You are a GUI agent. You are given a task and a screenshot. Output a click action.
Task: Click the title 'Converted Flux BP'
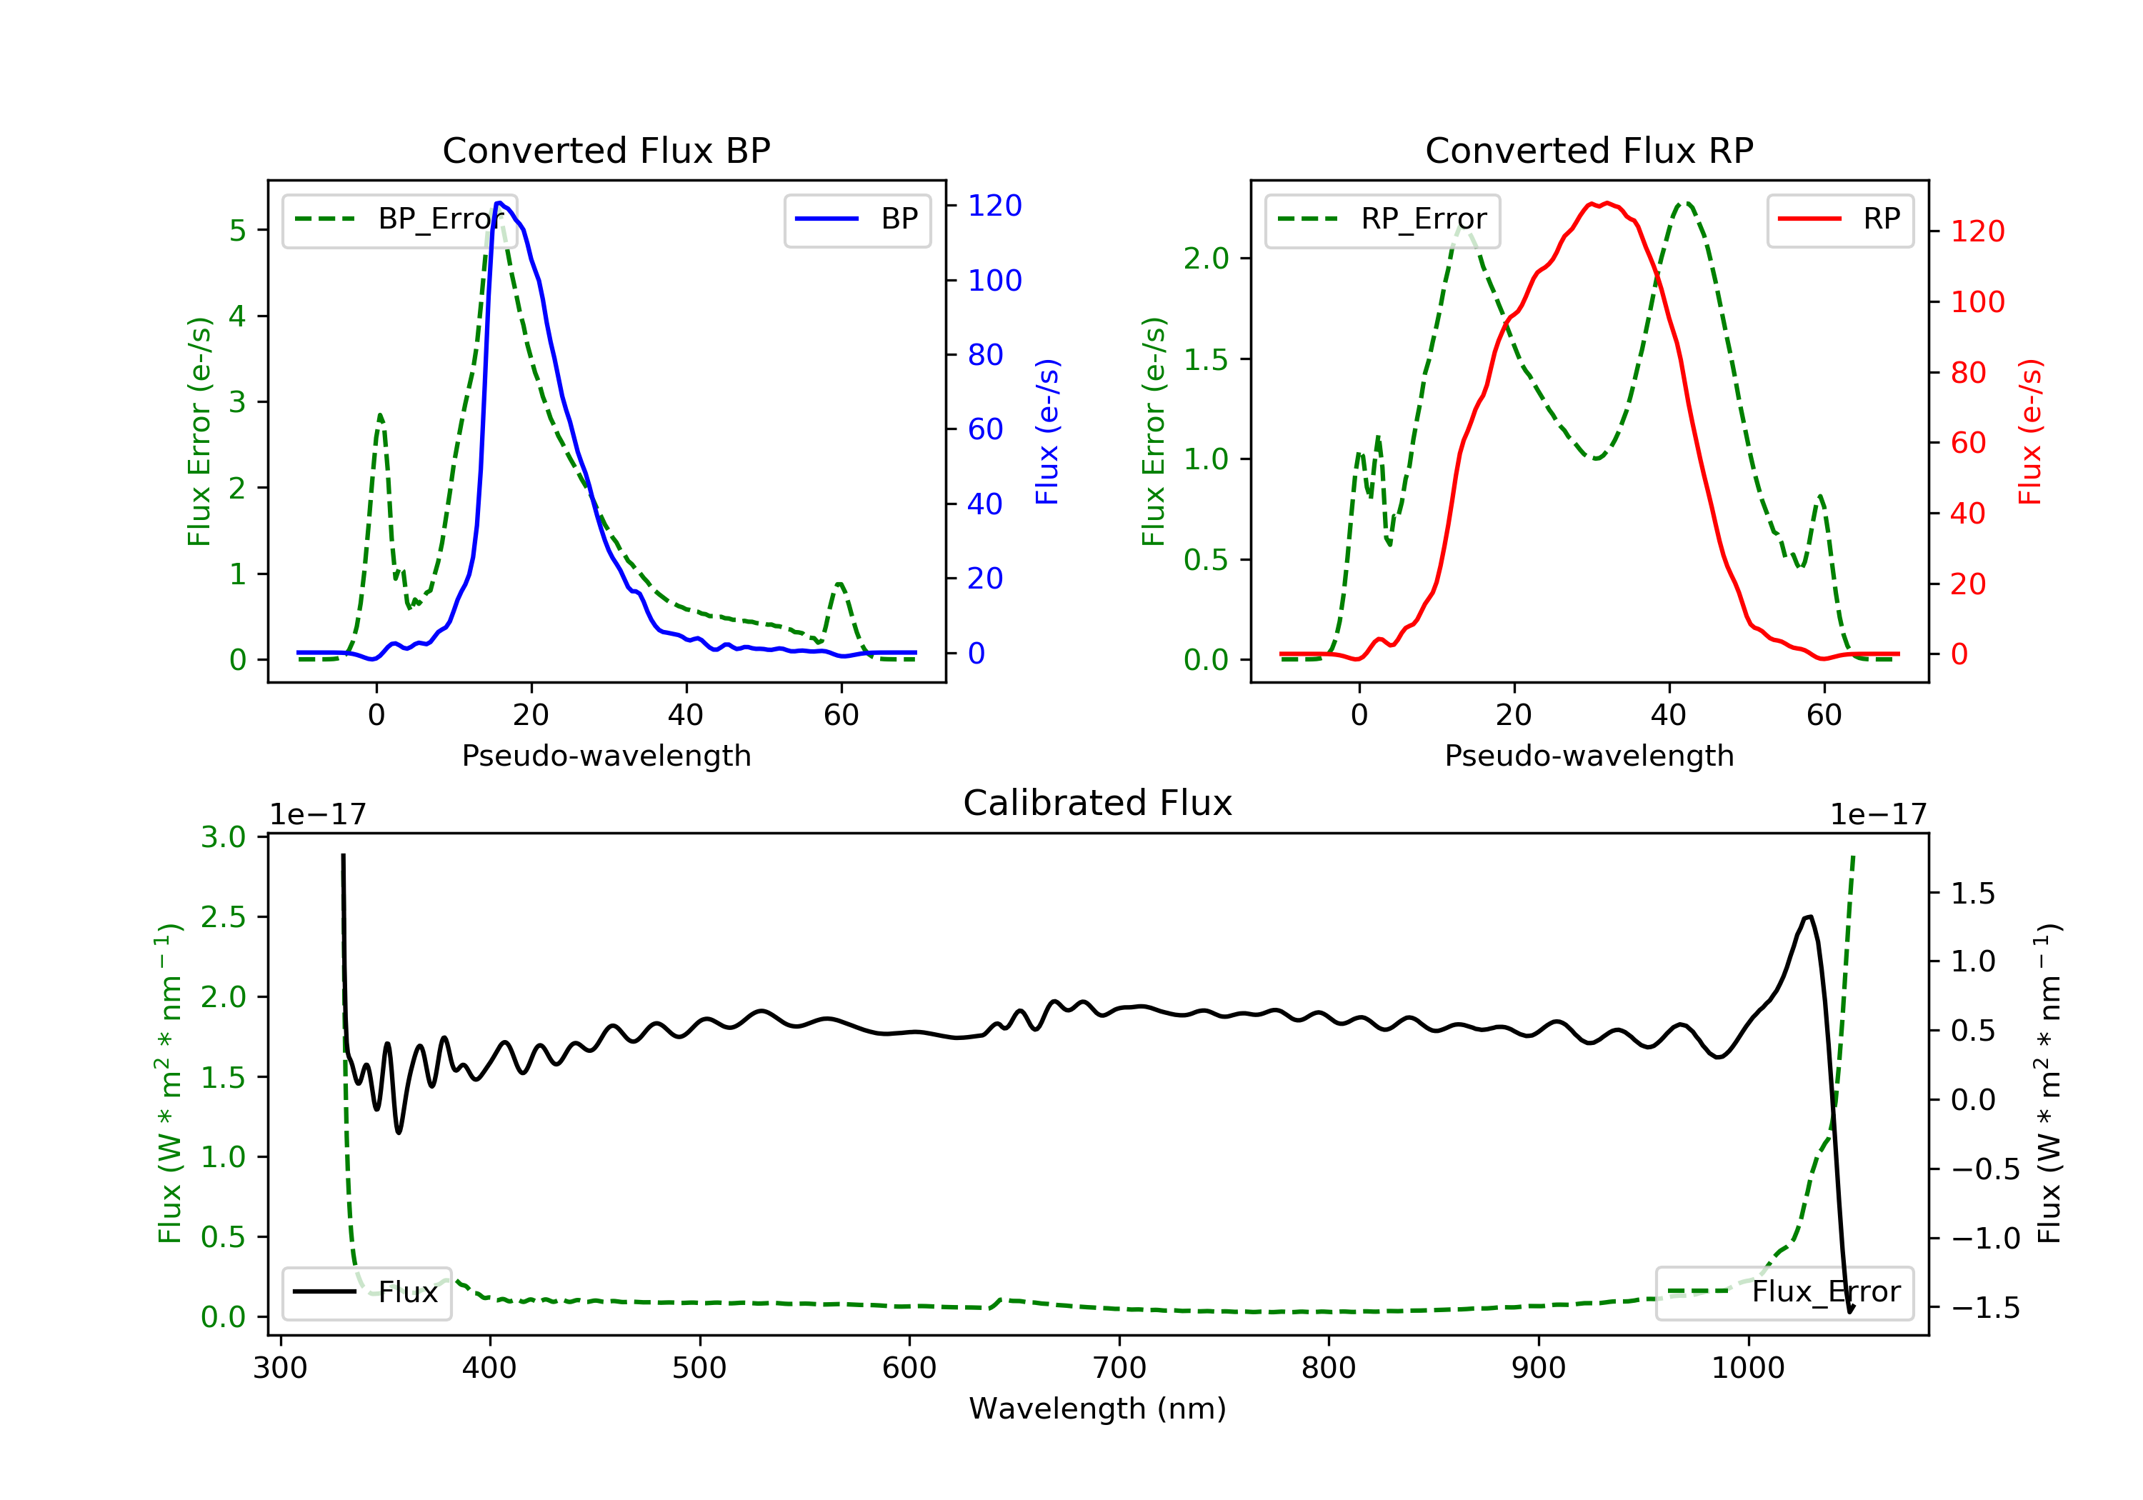606,150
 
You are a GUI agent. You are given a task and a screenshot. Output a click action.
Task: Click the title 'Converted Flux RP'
1589,150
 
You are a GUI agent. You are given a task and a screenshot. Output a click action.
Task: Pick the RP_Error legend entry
1382,219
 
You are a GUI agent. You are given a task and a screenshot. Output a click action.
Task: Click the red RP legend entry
1839,219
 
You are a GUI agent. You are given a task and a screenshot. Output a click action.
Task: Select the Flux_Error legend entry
1784,1292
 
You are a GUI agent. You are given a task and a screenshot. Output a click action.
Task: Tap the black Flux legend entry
367,1292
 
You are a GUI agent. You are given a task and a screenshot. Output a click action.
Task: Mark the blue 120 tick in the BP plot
994,205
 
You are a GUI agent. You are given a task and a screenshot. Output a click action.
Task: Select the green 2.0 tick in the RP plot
1206,259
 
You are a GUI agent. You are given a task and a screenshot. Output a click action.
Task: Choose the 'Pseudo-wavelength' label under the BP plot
606,755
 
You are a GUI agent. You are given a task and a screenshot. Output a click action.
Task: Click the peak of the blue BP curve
499,203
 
